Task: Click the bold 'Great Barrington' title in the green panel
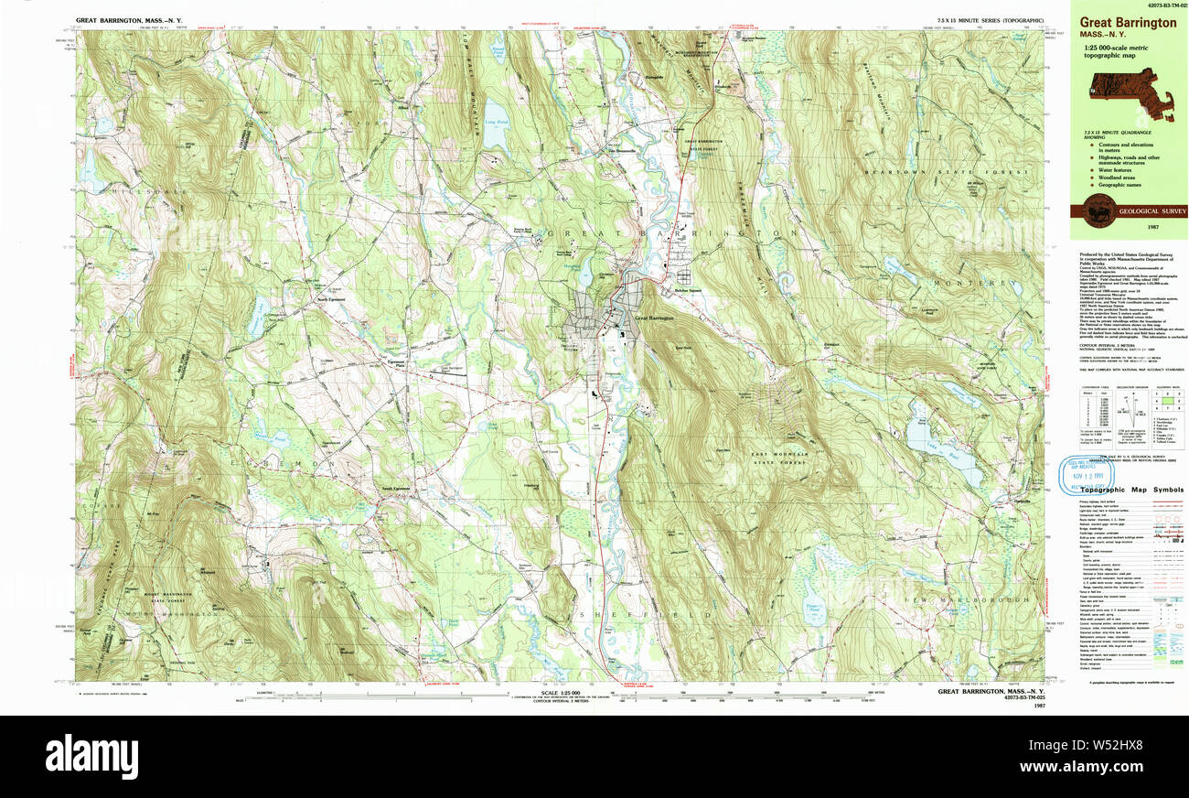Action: (1128, 23)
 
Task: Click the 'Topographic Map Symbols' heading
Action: (1130, 491)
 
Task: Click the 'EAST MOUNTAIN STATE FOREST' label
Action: (779, 459)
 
